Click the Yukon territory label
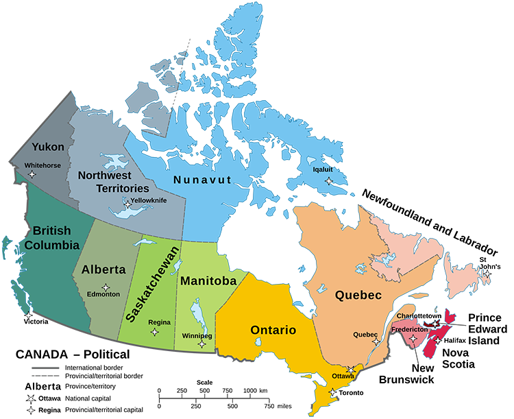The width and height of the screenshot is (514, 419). click(x=48, y=147)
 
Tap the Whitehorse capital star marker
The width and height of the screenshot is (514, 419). click(x=32, y=175)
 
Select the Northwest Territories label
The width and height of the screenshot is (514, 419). click(x=113, y=181)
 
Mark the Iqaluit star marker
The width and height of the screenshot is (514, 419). click(x=329, y=181)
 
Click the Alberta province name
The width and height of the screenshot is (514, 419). click(x=103, y=270)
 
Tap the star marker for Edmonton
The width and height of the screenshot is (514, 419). click(x=106, y=287)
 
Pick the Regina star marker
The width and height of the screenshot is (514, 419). click(x=154, y=333)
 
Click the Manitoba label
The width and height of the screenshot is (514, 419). click(x=208, y=280)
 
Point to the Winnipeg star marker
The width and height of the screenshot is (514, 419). click(x=201, y=344)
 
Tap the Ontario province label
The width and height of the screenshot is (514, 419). click(x=273, y=330)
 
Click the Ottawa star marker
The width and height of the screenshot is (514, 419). click(x=351, y=370)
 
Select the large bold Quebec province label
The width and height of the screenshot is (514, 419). click(x=358, y=296)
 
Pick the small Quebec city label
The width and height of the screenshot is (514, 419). click(x=365, y=335)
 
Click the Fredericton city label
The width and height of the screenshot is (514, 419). click(x=410, y=329)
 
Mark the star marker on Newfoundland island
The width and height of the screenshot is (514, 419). click(x=487, y=274)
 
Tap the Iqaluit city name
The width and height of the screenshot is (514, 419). click(x=323, y=167)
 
